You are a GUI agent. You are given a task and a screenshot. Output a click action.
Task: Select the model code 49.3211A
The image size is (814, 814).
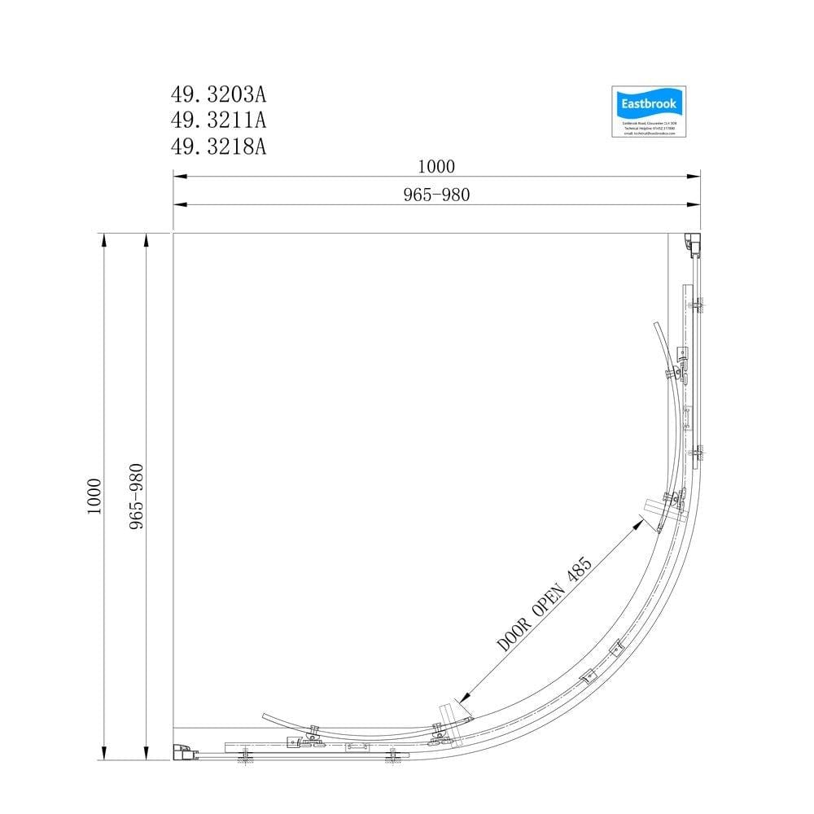pos(218,120)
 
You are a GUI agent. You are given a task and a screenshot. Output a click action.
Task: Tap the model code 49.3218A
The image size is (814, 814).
pos(218,146)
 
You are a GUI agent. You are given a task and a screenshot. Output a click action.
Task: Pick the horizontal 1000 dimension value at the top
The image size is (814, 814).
pos(435,166)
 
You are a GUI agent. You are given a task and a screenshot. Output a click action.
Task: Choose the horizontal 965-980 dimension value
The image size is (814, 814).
pos(437,195)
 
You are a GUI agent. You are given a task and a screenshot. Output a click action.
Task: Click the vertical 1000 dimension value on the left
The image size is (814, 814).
pos(94,495)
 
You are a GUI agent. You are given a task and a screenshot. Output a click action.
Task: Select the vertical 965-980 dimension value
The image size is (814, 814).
pos(136,496)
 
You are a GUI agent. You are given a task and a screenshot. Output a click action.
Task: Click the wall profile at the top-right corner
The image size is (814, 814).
pos(692,243)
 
